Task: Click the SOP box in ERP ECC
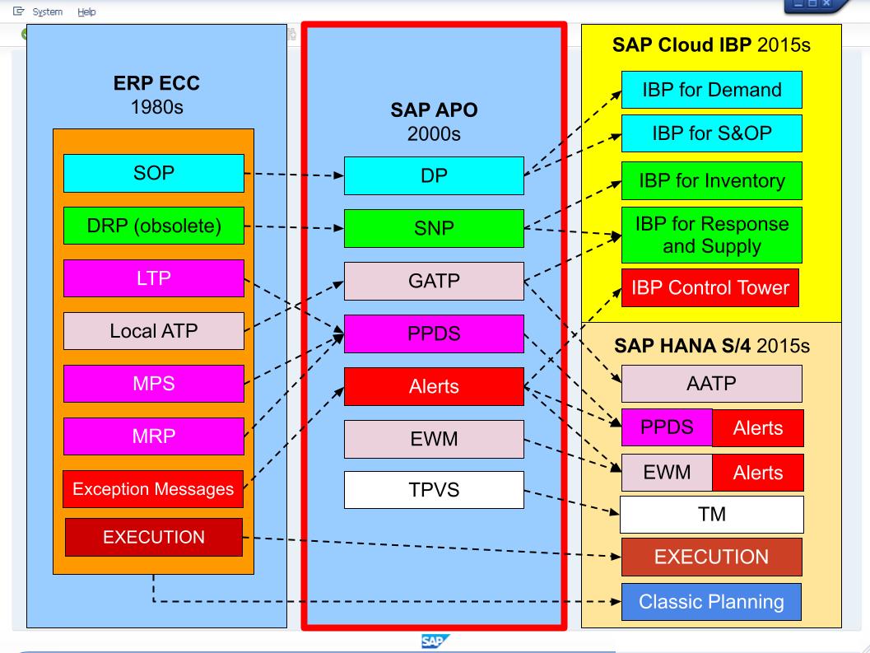click(154, 174)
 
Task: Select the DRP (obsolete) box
click(154, 226)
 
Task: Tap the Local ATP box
click(154, 332)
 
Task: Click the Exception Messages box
click(154, 489)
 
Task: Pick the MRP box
click(154, 436)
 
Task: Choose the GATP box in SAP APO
click(434, 281)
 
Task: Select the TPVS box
click(434, 490)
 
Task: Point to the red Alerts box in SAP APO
click(434, 387)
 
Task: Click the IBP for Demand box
click(711, 90)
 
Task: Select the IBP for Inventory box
click(711, 180)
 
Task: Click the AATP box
click(711, 384)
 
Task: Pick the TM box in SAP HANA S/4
click(711, 515)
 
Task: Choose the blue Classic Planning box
click(711, 601)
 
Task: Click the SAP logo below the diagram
click(435, 641)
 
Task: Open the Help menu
click(86, 12)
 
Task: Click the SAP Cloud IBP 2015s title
click(711, 44)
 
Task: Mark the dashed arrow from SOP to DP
click(293, 175)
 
